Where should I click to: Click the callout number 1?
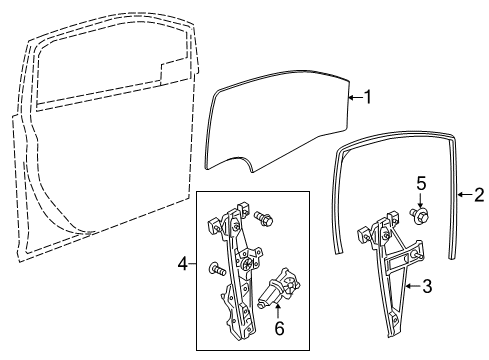[x=368, y=98]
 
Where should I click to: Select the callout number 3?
[x=427, y=317]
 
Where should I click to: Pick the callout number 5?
[x=421, y=211]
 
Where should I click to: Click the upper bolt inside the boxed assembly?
[x=265, y=243]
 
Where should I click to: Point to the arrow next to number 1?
[x=354, y=97]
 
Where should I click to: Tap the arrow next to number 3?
[x=413, y=315]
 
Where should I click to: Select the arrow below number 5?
[x=420, y=227]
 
